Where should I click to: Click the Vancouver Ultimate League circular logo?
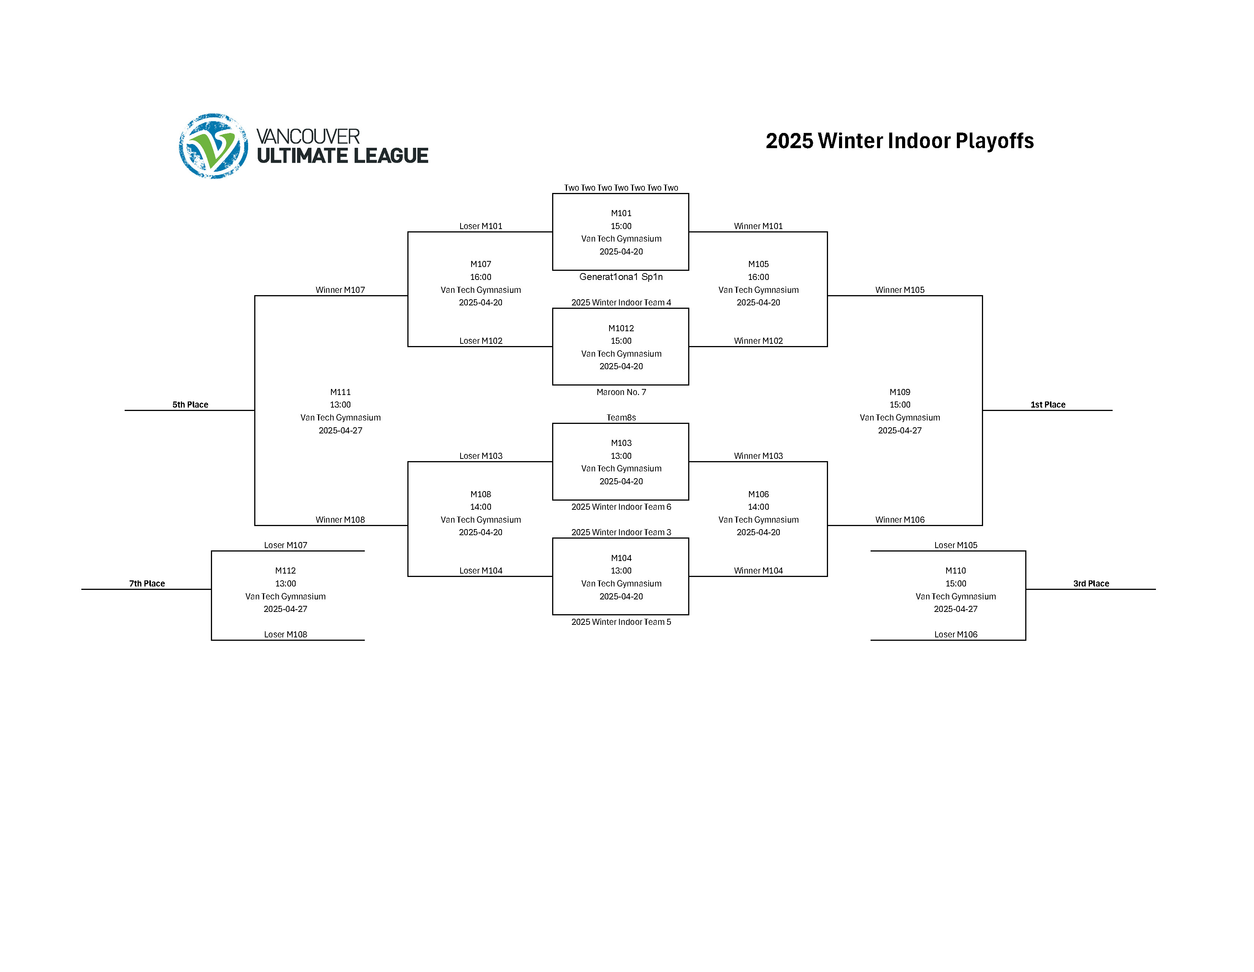(x=213, y=146)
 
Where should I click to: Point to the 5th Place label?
(x=190, y=405)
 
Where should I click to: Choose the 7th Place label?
(x=147, y=583)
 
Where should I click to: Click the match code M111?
(x=340, y=392)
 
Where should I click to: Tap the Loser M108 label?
(x=285, y=634)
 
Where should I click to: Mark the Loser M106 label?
(x=955, y=634)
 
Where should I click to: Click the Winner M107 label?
(x=340, y=290)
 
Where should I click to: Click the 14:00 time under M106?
(x=758, y=507)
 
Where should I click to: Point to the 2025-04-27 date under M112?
(x=285, y=609)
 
